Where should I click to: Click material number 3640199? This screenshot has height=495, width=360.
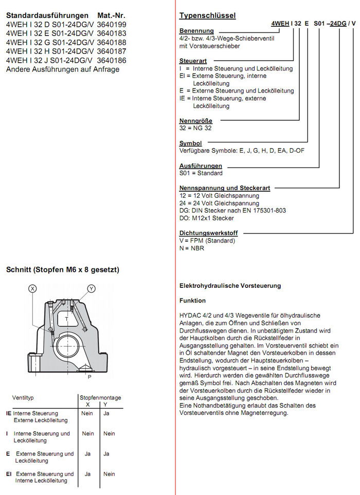(112, 24)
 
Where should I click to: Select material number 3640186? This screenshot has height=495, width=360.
(112, 60)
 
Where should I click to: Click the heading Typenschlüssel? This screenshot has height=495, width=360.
(207, 15)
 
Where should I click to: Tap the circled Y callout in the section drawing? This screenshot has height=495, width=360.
(91, 288)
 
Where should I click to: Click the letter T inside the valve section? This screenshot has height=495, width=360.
(67, 319)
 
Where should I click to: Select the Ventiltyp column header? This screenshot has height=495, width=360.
(23, 397)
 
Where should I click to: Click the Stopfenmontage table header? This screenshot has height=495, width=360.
(100, 397)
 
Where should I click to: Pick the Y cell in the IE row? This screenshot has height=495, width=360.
(106, 413)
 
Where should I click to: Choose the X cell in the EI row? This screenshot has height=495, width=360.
(87, 474)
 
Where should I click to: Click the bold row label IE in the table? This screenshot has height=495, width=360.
(9, 413)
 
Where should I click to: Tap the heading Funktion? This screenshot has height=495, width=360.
(192, 300)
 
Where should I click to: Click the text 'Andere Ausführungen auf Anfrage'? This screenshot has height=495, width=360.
(62, 69)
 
